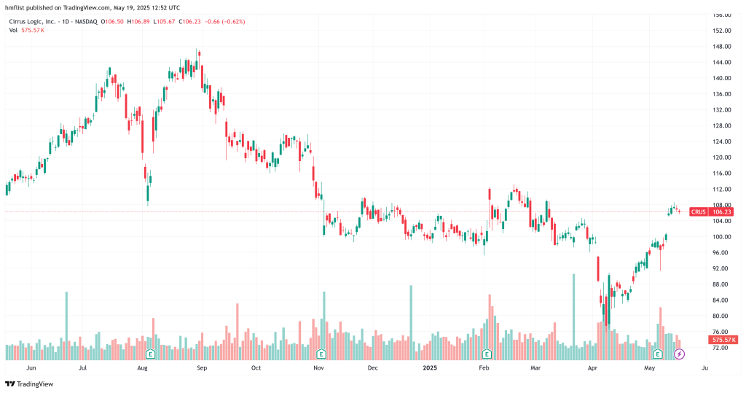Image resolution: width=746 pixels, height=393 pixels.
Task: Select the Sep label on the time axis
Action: pos(202,369)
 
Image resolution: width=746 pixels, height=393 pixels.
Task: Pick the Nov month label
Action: pos(318,369)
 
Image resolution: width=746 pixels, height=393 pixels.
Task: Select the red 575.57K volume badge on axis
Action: pos(725,340)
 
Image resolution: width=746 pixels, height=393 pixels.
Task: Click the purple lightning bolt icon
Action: pos(679,354)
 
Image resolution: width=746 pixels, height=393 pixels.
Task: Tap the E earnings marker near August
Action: pos(151,354)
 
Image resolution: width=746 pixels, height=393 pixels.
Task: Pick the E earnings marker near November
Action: pos(321,354)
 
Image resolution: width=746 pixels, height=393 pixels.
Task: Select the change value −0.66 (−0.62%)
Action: pos(225,21)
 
